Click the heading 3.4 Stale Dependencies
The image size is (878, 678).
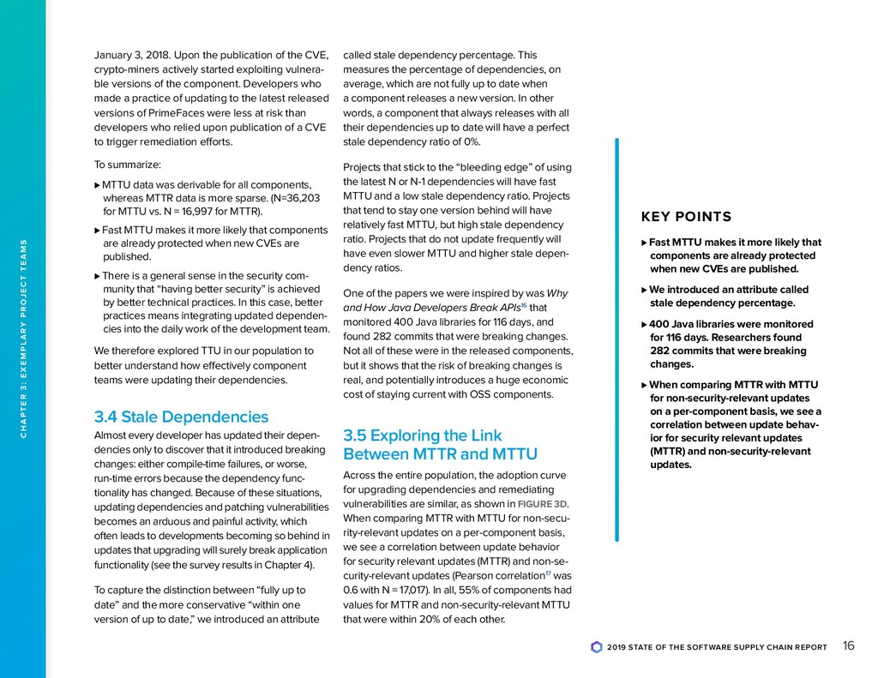coord(181,417)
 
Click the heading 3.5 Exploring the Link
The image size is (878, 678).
coord(422,435)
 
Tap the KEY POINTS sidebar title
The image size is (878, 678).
coord(686,217)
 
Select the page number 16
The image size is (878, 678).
coord(848,646)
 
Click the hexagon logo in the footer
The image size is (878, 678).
coord(597,647)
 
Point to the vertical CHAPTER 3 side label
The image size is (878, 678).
coord(24,339)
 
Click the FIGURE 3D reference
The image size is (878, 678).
coord(544,503)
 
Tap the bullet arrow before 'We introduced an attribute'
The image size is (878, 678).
coord(644,290)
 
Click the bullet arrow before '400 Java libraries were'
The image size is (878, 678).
coord(644,324)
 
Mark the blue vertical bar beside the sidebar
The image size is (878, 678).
coord(616,339)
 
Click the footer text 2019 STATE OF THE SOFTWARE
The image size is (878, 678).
coord(677,647)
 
